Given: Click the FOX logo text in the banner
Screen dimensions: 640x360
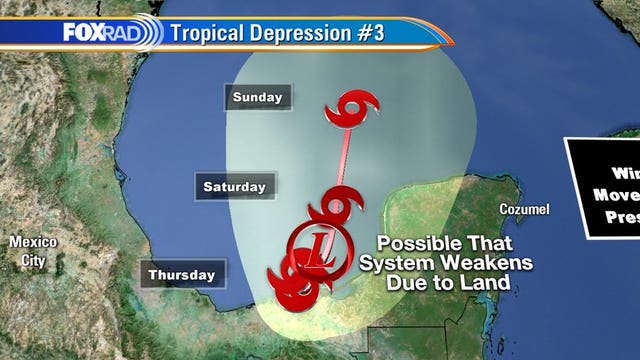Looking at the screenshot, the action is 83,32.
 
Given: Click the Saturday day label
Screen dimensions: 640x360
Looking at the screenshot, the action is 234,186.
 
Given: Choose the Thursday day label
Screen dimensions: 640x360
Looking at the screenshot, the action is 182,274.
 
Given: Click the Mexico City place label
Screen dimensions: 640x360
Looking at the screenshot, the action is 33,252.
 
